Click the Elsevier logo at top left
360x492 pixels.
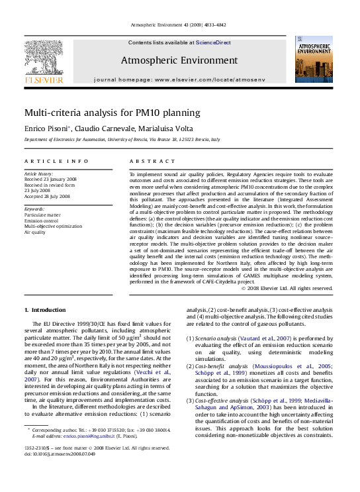click(44, 60)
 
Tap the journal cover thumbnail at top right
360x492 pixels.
click(314, 60)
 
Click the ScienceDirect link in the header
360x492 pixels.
click(213, 42)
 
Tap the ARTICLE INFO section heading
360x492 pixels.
click(56, 161)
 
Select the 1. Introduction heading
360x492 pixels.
click(45, 309)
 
